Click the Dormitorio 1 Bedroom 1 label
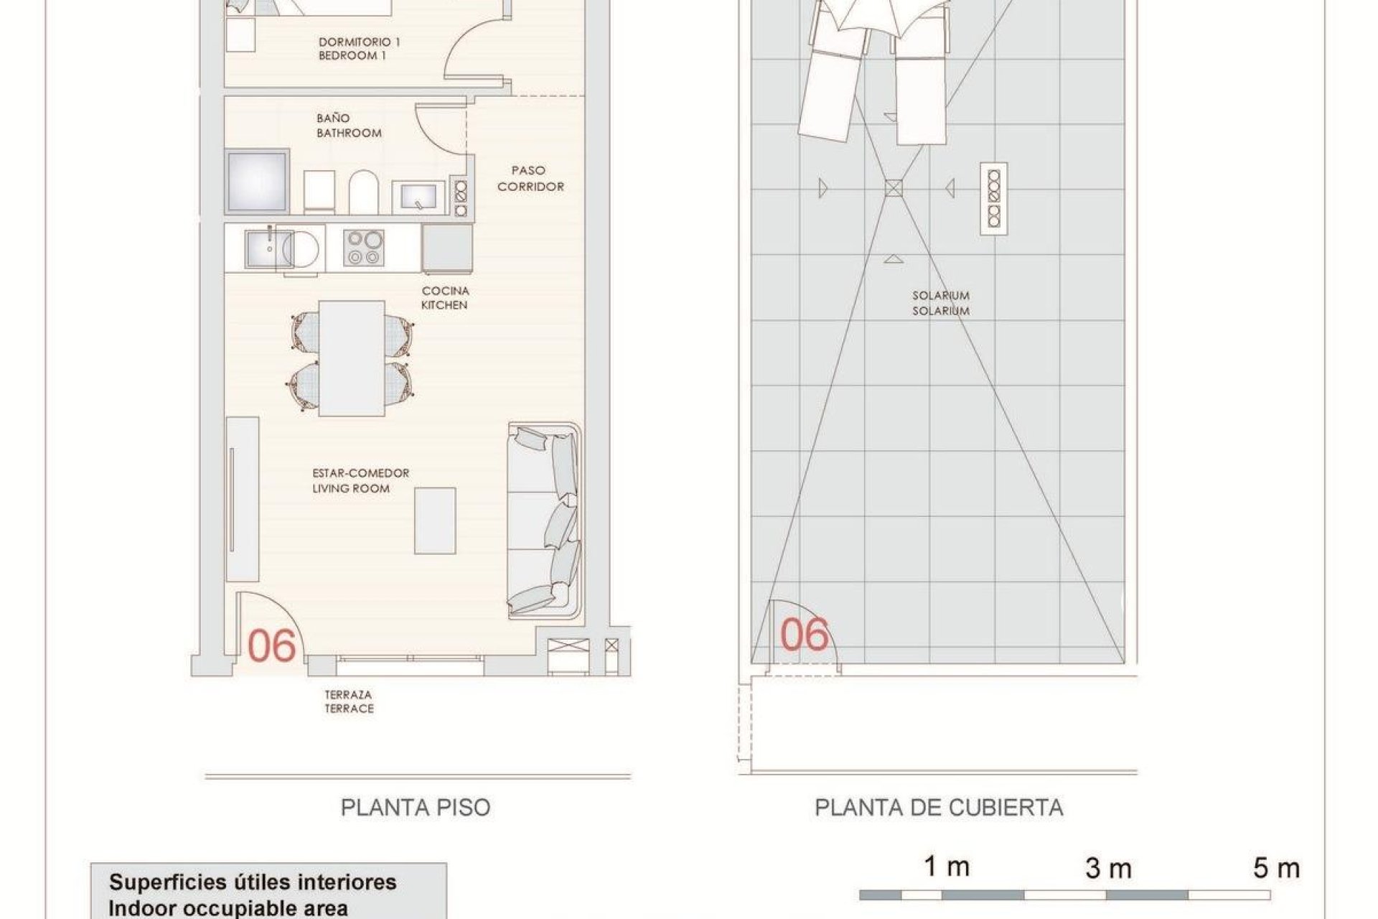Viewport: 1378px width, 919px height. point(359,49)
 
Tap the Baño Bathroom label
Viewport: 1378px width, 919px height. point(349,126)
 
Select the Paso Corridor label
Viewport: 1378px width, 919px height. point(530,179)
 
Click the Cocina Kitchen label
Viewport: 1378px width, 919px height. point(444,298)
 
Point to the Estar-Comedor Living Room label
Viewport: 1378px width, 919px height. point(360,481)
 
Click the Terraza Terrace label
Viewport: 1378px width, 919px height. point(349,701)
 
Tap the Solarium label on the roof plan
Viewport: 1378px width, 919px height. point(940,303)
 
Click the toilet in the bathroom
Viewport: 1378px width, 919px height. point(363,192)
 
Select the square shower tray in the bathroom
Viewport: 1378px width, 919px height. point(257,181)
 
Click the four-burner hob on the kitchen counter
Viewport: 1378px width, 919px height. point(362,248)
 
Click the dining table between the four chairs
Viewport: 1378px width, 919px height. point(351,358)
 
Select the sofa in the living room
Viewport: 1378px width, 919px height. point(544,521)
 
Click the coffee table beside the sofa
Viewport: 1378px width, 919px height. point(435,521)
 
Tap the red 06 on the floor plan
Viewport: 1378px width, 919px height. point(271,645)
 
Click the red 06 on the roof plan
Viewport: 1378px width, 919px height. point(804,634)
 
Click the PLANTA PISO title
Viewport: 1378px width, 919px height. point(416,808)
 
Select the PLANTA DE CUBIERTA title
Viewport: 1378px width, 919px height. point(939,808)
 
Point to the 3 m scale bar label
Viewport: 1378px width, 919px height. point(1108,869)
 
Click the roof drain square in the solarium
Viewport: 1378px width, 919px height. point(892,188)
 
